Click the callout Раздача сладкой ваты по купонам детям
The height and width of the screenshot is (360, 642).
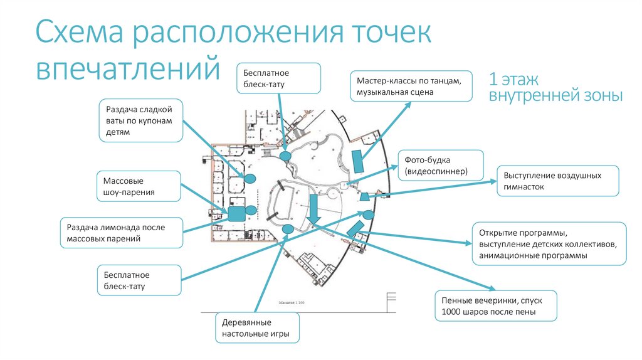coord(140,120)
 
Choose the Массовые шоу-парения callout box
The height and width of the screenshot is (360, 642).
coord(139,186)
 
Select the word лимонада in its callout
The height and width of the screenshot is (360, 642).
coord(125,227)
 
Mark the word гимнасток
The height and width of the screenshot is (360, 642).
coord(524,187)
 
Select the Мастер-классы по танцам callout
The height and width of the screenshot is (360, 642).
coord(411,87)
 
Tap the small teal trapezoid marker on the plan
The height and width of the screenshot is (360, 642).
coord(364,198)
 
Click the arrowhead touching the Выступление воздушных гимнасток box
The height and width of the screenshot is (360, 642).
coord(493,181)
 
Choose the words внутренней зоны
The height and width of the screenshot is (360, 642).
coord(555,97)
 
